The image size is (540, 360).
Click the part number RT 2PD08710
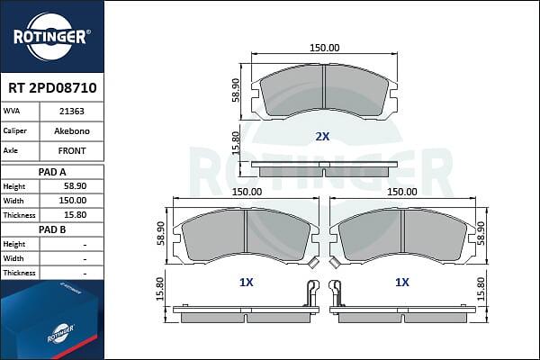click(x=52, y=88)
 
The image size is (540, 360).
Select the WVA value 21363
click(x=72, y=112)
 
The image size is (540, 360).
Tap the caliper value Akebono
click(x=72, y=130)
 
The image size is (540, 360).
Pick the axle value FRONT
click(x=72, y=151)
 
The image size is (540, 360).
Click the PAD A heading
click(x=52, y=172)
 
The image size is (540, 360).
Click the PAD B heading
click(x=52, y=229)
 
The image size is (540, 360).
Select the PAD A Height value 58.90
click(x=75, y=186)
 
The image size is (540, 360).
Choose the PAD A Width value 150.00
click(x=72, y=201)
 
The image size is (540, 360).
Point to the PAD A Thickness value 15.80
click(x=75, y=215)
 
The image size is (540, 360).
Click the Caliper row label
click(x=14, y=130)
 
